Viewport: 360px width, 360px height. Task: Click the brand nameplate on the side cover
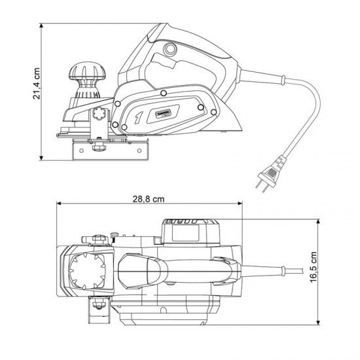(162, 113)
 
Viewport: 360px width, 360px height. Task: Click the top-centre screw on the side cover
(163, 96)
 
